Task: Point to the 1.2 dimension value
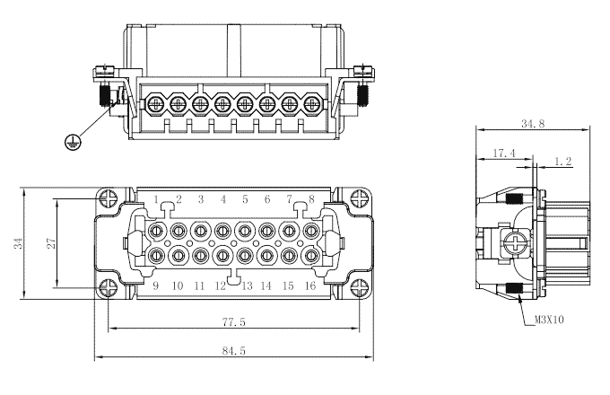(563, 162)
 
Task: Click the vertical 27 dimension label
(51, 243)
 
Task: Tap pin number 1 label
(155, 198)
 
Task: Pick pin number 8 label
(311, 198)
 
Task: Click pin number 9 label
(155, 285)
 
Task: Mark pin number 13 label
(245, 285)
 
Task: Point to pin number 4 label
(222, 198)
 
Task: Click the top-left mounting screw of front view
(109, 199)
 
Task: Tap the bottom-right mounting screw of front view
(360, 287)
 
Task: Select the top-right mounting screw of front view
(360, 199)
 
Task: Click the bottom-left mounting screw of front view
(109, 287)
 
